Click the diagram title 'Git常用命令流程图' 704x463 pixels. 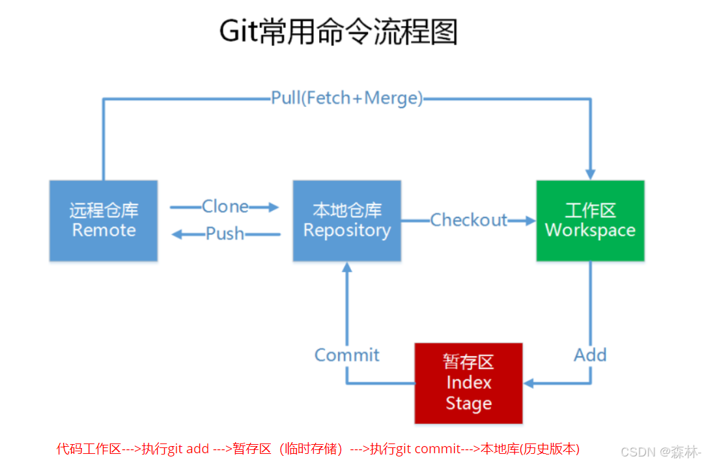pyautogui.click(x=338, y=31)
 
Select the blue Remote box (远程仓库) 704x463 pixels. pyautogui.click(x=104, y=221)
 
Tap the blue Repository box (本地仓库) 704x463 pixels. pyautogui.click(x=346, y=221)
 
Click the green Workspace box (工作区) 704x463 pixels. pyautogui.click(x=590, y=221)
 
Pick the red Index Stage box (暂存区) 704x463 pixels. pyautogui.click(x=468, y=383)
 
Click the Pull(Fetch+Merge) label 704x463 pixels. pyautogui.click(x=347, y=98)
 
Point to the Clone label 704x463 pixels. pyautogui.click(x=225, y=206)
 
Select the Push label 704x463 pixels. pyautogui.click(x=225, y=233)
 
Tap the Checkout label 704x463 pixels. pyautogui.click(x=468, y=220)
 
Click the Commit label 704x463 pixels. pyautogui.click(x=346, y=355)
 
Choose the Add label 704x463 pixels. pyautogui.click(x=590, y=355)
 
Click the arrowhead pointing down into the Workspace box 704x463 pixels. pyautogui.click(x=590, y=173)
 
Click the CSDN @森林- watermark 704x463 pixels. pyautogui.click(x=660, y=451)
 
